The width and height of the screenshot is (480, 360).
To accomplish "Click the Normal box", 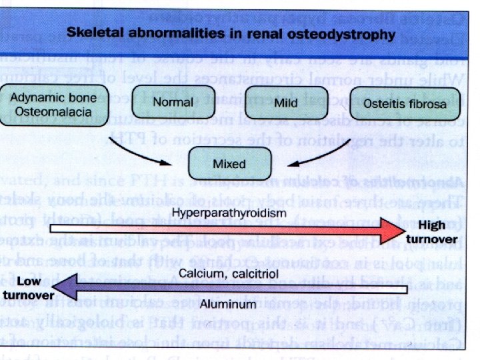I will [173, 103].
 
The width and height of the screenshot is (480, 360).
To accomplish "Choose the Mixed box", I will [229, 163].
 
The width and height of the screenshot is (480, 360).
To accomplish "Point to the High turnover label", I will [435, 232].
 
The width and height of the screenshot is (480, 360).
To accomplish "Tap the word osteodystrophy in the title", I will [349, 32].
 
